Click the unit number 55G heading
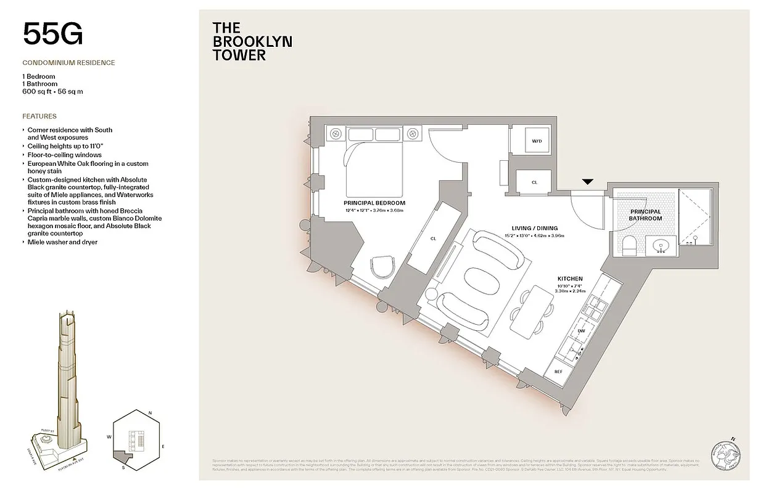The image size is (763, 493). pyautogui.click(x=52, y=34)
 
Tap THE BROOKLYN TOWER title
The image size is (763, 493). pyautogui.click(x=252, y=41)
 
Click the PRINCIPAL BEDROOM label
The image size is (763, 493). pyautogui.click(x=374, y=203)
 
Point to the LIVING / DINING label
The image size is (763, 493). pyautogui.click(x=534, y=227)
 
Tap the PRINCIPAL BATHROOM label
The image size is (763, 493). pyautogui.click(x=646, y=215)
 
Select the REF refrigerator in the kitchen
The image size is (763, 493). pyautogui.click(x=558, y=372)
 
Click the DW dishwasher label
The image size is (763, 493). pyautogui.click(x=580, y=332)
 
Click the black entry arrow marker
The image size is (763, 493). pyautogui.click(x=587, y=182)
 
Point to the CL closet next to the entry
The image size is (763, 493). pyautogui.click(x=534, y=182)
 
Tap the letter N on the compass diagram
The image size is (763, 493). pyautogui.click(x=149, y=414)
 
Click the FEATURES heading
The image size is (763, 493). pyautogui.click(x=39, y=116)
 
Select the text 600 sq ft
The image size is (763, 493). pyautogui.click(x=38, y=91)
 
